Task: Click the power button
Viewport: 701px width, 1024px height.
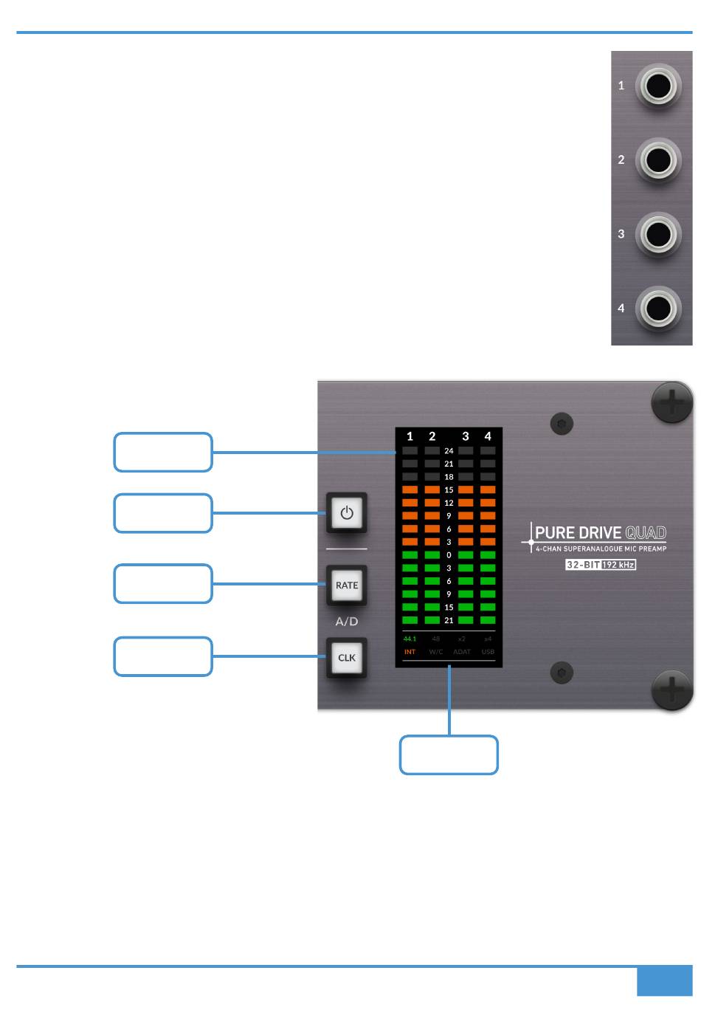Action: (x=347, y=513)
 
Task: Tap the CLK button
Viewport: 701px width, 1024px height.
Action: (x=347, y=658)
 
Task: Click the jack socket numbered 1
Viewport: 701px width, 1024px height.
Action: (x=657, y=86)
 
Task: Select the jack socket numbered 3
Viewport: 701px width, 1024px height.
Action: (x=657, y=235)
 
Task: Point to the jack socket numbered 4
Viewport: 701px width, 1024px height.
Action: (x=657, y=309)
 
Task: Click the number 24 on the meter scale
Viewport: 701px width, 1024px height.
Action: (x=449, y=450)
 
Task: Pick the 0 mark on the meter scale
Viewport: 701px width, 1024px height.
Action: (x=449, y=555)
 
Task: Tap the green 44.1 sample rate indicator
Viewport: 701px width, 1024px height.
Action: (x=410, y=639)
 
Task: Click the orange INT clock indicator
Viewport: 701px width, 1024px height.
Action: (x=410, y=652)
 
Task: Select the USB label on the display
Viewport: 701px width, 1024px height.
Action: (x=488, y=652)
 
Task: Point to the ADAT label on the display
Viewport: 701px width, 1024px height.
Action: (x=462, y=652)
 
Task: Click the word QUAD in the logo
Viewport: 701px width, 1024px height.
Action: (x=646, y=533)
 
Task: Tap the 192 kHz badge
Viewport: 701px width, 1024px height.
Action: (x=618, y=565)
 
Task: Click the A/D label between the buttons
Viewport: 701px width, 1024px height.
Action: (x=347, y=622)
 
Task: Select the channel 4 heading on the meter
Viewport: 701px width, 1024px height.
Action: (x=488, y=436)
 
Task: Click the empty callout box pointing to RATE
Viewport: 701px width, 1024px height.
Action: (x=163, y=584)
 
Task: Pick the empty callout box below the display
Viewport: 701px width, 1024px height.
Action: (x=449, y=755)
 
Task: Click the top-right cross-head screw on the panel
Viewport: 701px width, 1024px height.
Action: (x=671, y=402)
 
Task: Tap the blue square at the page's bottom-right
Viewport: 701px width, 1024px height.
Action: (x=664, y=982)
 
